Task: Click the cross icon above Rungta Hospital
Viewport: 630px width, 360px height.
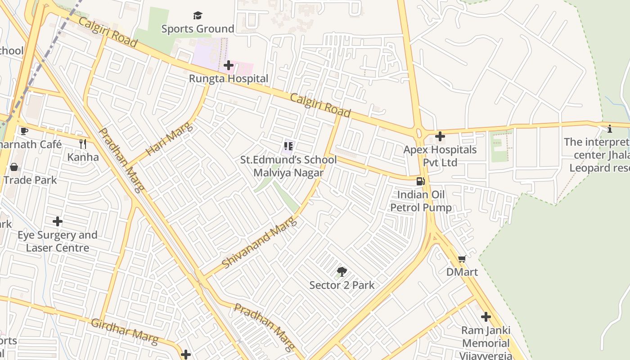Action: tap(229, 65)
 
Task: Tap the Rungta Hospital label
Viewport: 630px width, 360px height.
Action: tap(229, 79)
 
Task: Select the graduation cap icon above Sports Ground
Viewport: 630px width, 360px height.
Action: tap(198, 16)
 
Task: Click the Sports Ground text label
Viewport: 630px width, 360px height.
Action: tap(198, 29)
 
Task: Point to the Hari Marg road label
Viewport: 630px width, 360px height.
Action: tap(170, 139)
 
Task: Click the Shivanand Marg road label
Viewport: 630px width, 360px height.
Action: tap(260, 243)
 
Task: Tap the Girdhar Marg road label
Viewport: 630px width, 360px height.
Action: tap(125, 330)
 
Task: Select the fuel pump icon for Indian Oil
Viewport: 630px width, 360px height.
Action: tap(420, 181)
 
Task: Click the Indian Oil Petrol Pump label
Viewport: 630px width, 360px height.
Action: tap(421, 201)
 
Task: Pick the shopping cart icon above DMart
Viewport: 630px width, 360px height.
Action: tap(462, 259)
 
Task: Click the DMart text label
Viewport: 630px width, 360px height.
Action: tap(462, 272)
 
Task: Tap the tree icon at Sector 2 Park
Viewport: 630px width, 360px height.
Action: tap(342, 272)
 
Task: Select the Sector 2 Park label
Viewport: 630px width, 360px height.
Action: tap(342, 285)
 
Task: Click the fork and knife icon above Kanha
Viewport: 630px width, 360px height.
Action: tap(83, 144)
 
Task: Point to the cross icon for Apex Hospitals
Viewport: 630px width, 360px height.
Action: tap(440, 136)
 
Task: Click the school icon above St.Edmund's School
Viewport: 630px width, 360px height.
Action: tap(288, 146)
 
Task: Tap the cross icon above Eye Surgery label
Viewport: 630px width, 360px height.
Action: tap(58, 221)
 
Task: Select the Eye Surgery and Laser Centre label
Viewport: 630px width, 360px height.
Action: tap(58, 242)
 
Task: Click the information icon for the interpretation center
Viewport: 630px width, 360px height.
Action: tap(610, 130)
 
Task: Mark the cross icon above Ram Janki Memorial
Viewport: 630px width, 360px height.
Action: tap(486, 317)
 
